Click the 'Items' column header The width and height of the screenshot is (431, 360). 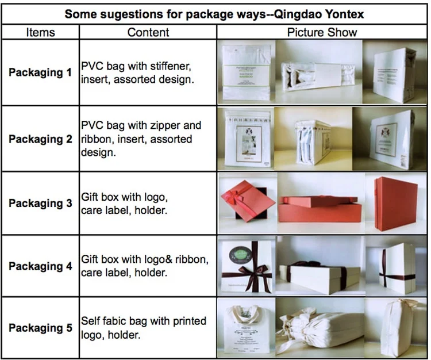(x=40, y=32)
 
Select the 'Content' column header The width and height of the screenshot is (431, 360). (x=148, y=32)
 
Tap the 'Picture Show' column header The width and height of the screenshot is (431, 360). (x=322, y=32)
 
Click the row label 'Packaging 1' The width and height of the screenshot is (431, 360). (x=40, y=72)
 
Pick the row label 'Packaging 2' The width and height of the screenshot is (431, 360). (x=40, y=139)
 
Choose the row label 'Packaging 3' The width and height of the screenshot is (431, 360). (x=40, y=203)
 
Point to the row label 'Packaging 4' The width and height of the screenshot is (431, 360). (x=40, y=266)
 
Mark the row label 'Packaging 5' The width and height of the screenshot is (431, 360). (x=40, y=328)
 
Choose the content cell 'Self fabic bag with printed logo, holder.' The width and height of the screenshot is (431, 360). (x=144, y=328)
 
